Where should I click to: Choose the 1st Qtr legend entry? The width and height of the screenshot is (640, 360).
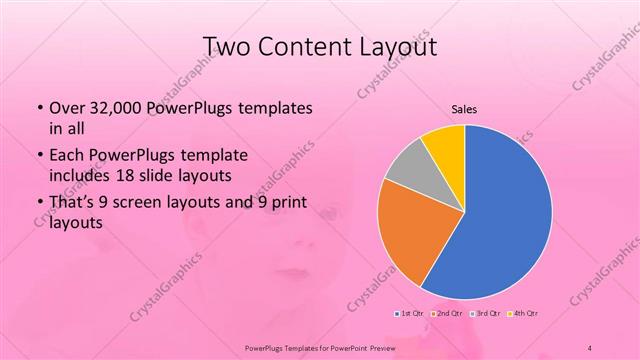pyautogui.click(x=410, y=313)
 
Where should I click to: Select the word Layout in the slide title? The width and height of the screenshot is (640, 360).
pyautogui.click(x=397, y=47)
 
